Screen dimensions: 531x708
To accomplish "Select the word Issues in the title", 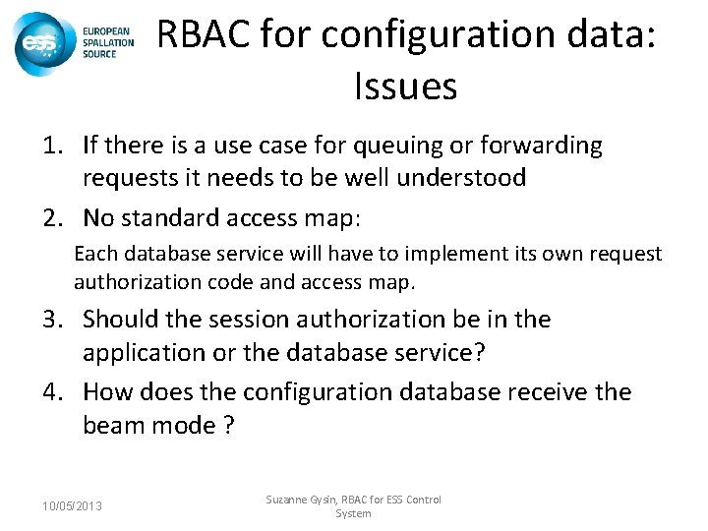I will (x=404, y=87).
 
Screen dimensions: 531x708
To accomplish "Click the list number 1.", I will (x=51, y=147).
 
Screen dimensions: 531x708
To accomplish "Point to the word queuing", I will (x=389, y=147).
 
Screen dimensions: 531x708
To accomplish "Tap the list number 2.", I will (x=51, y=216).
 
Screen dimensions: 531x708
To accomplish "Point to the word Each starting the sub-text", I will (x=94, y=255).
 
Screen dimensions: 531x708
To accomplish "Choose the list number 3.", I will (x=51, y=320).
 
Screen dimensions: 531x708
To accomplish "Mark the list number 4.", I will (x=51, y=392).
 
